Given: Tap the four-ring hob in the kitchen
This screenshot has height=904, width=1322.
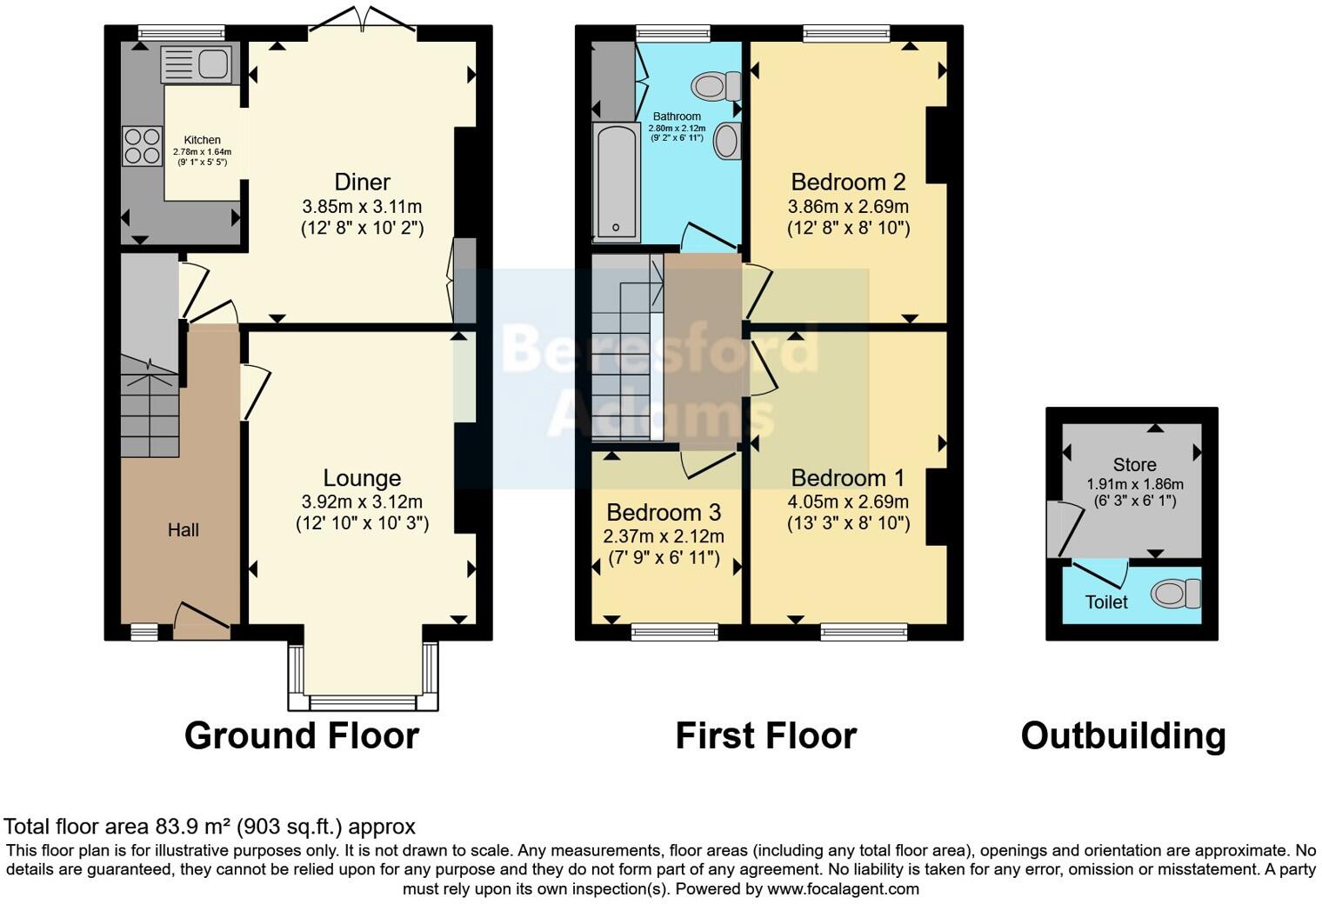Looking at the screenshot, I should pos(143,145).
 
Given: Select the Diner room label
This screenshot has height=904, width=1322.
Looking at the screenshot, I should pos(362,182).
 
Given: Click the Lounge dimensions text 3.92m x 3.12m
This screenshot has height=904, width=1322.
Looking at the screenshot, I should pos(362,502).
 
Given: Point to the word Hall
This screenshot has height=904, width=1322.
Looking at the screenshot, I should pos(184,529).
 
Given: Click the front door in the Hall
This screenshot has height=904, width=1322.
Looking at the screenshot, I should pos(203,619).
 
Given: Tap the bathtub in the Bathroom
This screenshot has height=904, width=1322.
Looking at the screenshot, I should pos(616,182).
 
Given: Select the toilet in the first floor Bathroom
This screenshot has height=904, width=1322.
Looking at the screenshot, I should pos(716,86).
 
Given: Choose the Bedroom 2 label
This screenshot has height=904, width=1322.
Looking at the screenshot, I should pos(848,182).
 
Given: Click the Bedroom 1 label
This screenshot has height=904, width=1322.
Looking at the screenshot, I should pos(848,478).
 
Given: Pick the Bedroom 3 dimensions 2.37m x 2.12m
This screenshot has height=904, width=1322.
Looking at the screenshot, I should pos(664,536).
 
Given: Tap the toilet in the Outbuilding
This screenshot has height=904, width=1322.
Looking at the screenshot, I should pos(1175,595).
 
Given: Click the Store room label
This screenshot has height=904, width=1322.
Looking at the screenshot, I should pos(1134,464).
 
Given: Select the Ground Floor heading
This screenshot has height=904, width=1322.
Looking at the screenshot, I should pos(302,735).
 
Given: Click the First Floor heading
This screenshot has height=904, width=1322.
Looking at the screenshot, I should pos(765,735).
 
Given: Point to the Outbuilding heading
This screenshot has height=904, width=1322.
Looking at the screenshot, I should pos(1123,735).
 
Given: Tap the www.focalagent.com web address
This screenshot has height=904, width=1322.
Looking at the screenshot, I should pos(843,888).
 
